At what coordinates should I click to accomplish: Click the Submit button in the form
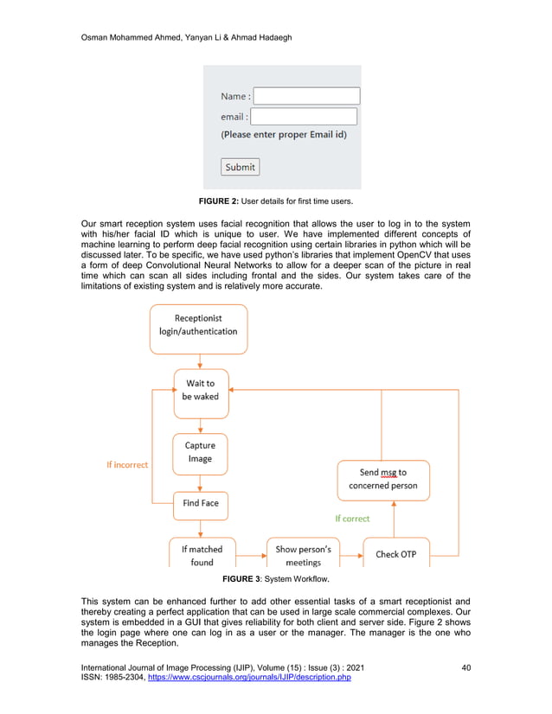pos(240,167)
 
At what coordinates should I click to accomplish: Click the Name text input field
pos(306,96)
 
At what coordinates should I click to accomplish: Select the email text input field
pos(304,117)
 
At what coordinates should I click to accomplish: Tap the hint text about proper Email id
pos(284,135)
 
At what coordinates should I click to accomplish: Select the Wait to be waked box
pos(200,389)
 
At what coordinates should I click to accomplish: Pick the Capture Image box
pos(200,452)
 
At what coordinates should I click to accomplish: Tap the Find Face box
pos(200,503)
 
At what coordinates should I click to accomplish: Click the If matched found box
pos(202,554)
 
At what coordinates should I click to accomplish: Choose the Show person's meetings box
pos(303,554)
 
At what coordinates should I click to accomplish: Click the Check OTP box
pos(395,554)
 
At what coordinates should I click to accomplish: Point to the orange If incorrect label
pos(127,464)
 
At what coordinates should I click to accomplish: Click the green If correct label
pos(352,519)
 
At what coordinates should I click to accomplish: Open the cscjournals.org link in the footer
pos(250,678)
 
